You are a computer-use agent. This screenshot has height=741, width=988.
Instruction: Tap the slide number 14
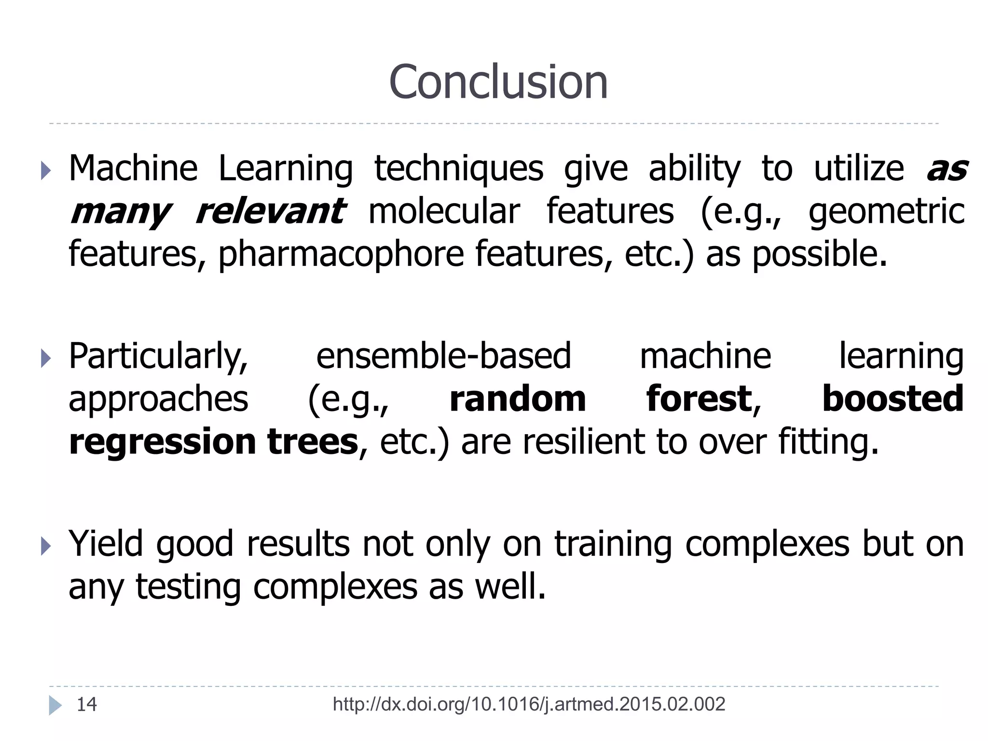[87, 704]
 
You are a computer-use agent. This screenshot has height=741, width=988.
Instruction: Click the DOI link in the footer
[529, 704]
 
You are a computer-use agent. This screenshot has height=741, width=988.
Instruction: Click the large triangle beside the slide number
[55, 705]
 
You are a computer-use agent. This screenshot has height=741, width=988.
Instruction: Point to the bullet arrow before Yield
[46, 546]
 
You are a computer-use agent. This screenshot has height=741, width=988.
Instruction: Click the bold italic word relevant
[270, 211]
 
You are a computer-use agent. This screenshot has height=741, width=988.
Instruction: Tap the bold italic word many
[121, 212]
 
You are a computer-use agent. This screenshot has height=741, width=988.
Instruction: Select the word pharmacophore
[341, 254]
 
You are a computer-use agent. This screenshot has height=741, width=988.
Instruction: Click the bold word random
[518, 399]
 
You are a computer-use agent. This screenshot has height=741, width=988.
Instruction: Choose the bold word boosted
[892, 399]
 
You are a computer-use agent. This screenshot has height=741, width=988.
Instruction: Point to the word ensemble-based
[443, 356]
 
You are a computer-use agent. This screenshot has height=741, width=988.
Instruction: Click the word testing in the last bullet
[188, 587]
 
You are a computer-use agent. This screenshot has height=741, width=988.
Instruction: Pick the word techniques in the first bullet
[459, 169]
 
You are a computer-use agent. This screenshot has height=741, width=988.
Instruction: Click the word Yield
[106, 544]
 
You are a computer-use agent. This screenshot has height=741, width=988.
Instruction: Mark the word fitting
[828, 442]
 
